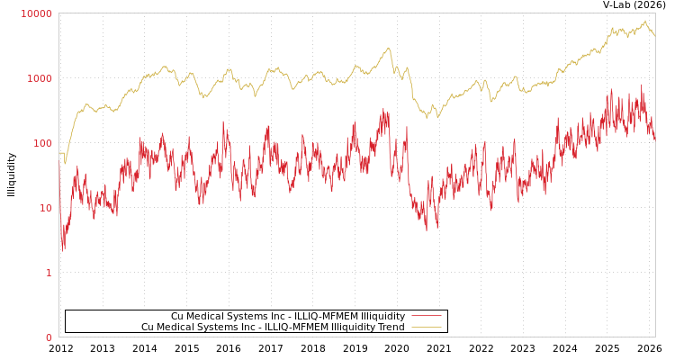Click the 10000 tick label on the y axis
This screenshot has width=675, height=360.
coord(37,13)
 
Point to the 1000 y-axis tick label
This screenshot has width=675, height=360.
coord(40,78)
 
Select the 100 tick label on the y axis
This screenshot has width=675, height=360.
coord(42,143)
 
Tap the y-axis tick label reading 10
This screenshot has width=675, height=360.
coord(45,208)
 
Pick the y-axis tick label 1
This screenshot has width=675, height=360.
coord(49,273)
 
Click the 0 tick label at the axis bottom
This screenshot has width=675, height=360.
coord(49,337)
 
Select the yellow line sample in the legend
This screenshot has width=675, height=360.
coord(426,328)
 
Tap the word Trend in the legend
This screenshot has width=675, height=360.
coord(390,328)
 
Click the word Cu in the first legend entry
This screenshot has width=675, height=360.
coord(177,317)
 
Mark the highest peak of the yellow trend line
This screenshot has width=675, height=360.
coord(644,21)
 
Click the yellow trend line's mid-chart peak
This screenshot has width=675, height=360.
coord(389,49)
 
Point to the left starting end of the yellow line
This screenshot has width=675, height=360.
coord(59,153)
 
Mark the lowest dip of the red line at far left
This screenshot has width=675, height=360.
coord(63,247)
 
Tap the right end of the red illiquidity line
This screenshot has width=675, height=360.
coord(654,139)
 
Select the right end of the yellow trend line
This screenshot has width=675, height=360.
coord(654,36)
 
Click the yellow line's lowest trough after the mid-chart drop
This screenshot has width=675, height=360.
coord(427,118)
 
